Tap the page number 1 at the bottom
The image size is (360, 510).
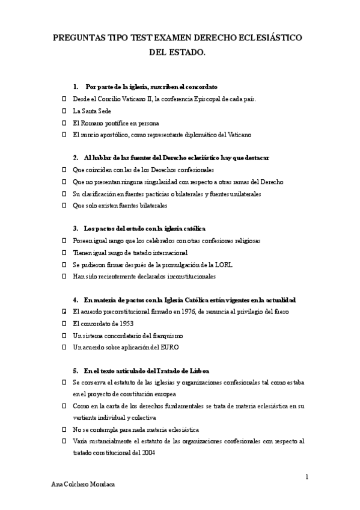[x=307, y=477]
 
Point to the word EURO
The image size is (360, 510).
[x=169, y=348]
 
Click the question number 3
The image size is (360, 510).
[x=76, y=229]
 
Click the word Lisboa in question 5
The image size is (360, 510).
[x=198, y=370]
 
